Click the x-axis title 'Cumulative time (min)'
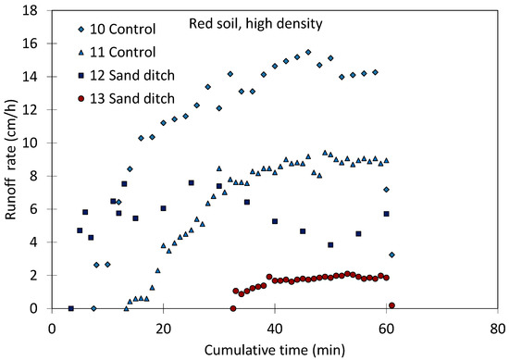pos(276,348)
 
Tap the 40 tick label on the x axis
pos(275,326)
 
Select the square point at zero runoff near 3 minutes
pos(70,308)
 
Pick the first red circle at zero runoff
pos(233,308)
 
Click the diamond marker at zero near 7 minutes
pos(93,308)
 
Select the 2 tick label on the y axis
pos(34,276)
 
